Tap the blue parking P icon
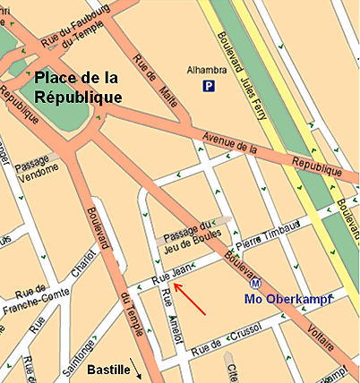point(209,87)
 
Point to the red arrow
point(190,300)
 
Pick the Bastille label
point(109,369)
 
